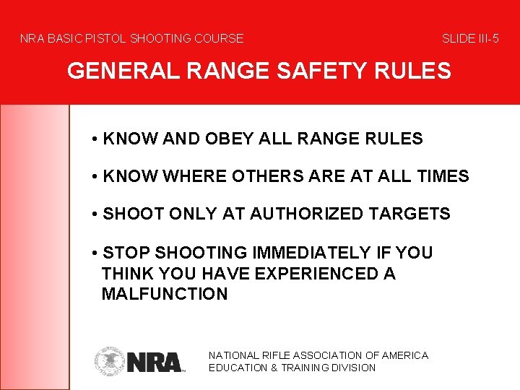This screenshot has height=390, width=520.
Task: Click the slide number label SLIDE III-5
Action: pyautogui.click(x=470, y=38)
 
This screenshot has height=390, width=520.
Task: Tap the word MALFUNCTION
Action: pyautogui.click(x=165, y=294)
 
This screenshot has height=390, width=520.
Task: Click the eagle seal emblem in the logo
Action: pyautogui.click(x=110, y=360)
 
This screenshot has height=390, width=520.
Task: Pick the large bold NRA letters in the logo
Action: pyautogui.click(x=155, y=361)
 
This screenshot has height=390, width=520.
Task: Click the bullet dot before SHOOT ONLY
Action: pyautogui.click(x=95, y=214)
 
